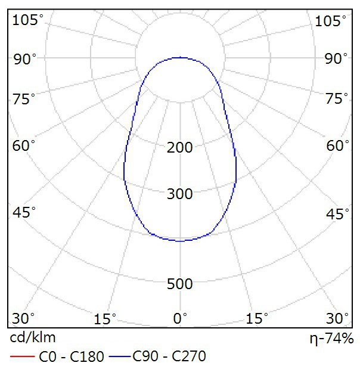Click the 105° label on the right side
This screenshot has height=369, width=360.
[331, 21]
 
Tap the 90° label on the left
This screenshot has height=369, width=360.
[24, 58]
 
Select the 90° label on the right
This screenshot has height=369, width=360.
[336, 58]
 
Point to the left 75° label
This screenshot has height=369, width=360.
[24, 99]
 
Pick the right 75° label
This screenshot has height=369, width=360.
[336, 99]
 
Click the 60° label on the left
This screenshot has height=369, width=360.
[24, 145]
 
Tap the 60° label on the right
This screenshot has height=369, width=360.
[336, 145]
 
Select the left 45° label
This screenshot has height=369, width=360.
[24, 213]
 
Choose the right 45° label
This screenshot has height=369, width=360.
[336, 213]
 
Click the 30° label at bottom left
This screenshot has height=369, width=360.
[24, 318]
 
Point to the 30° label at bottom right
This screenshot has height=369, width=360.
[337, 318]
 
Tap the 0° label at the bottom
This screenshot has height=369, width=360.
[180, 318]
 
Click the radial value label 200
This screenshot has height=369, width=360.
[180, 147]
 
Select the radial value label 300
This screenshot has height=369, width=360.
[180, 194]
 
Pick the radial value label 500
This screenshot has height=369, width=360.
[180, 284]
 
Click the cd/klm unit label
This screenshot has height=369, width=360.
[33, 338]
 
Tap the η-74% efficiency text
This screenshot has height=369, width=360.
[331, 339]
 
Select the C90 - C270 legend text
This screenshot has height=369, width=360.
[169, 357]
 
